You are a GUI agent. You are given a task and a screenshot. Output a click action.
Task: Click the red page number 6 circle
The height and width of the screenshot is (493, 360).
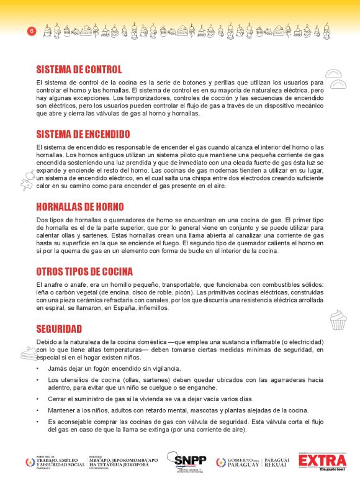[x=32, y=31]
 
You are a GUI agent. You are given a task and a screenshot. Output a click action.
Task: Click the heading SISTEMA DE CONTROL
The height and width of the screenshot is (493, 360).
[x=79, y=70]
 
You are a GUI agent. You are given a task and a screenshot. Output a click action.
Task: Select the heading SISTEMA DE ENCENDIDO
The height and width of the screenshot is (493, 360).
[x=83, y=134]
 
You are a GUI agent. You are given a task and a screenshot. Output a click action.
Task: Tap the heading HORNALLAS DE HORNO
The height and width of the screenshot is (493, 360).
[x=80, y=207]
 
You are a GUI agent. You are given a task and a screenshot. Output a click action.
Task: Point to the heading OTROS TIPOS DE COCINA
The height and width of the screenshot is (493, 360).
[x=84, y=272]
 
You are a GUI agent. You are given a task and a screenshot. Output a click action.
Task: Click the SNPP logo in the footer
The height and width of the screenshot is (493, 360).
[x=191, y=463]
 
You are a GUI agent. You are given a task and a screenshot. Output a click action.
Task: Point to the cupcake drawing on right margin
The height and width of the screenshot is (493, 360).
[x=337, y=320]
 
